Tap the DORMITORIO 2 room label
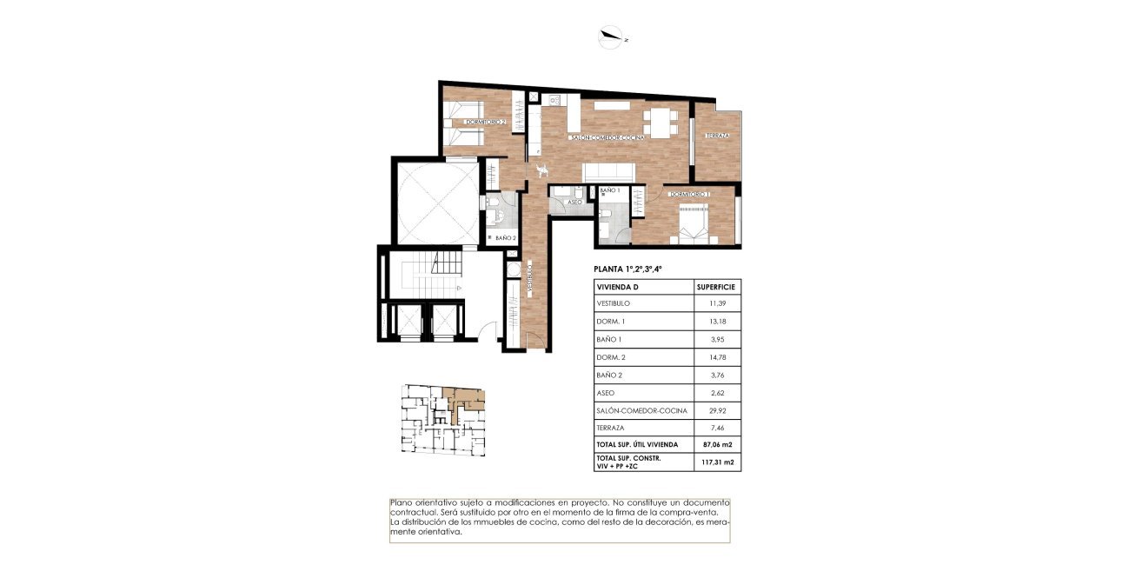[x=485, y=123]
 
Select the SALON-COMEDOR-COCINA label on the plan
[x=607, y=138]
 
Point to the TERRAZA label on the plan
[x=717, y=136]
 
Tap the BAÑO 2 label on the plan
[x=506, y=237]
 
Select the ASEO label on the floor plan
[x=574, y=202]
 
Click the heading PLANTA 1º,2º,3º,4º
[x=634, y=269]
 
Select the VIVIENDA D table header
[x=618, y=286]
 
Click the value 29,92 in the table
[x=717, y=410]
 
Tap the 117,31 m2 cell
[x=717, y=462]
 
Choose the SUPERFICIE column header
[x=716, y=286]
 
